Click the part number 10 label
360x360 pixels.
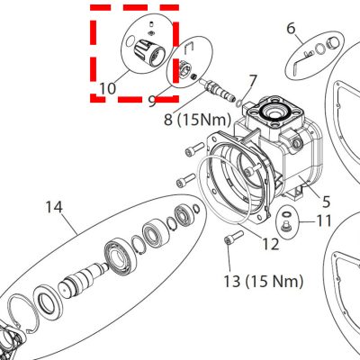pos(107,88)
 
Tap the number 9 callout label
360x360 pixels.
pos(152,101)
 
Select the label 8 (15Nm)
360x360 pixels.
pos(197,120)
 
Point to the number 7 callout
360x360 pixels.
pos(253,81)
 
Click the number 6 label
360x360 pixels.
pos(291,29)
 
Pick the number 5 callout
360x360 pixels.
pos(326,202)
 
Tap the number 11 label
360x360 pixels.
pos(323,221)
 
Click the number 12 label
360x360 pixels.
pos(271,244)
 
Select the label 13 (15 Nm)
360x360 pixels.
pos(264,281)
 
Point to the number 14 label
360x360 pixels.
pos(54,207)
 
